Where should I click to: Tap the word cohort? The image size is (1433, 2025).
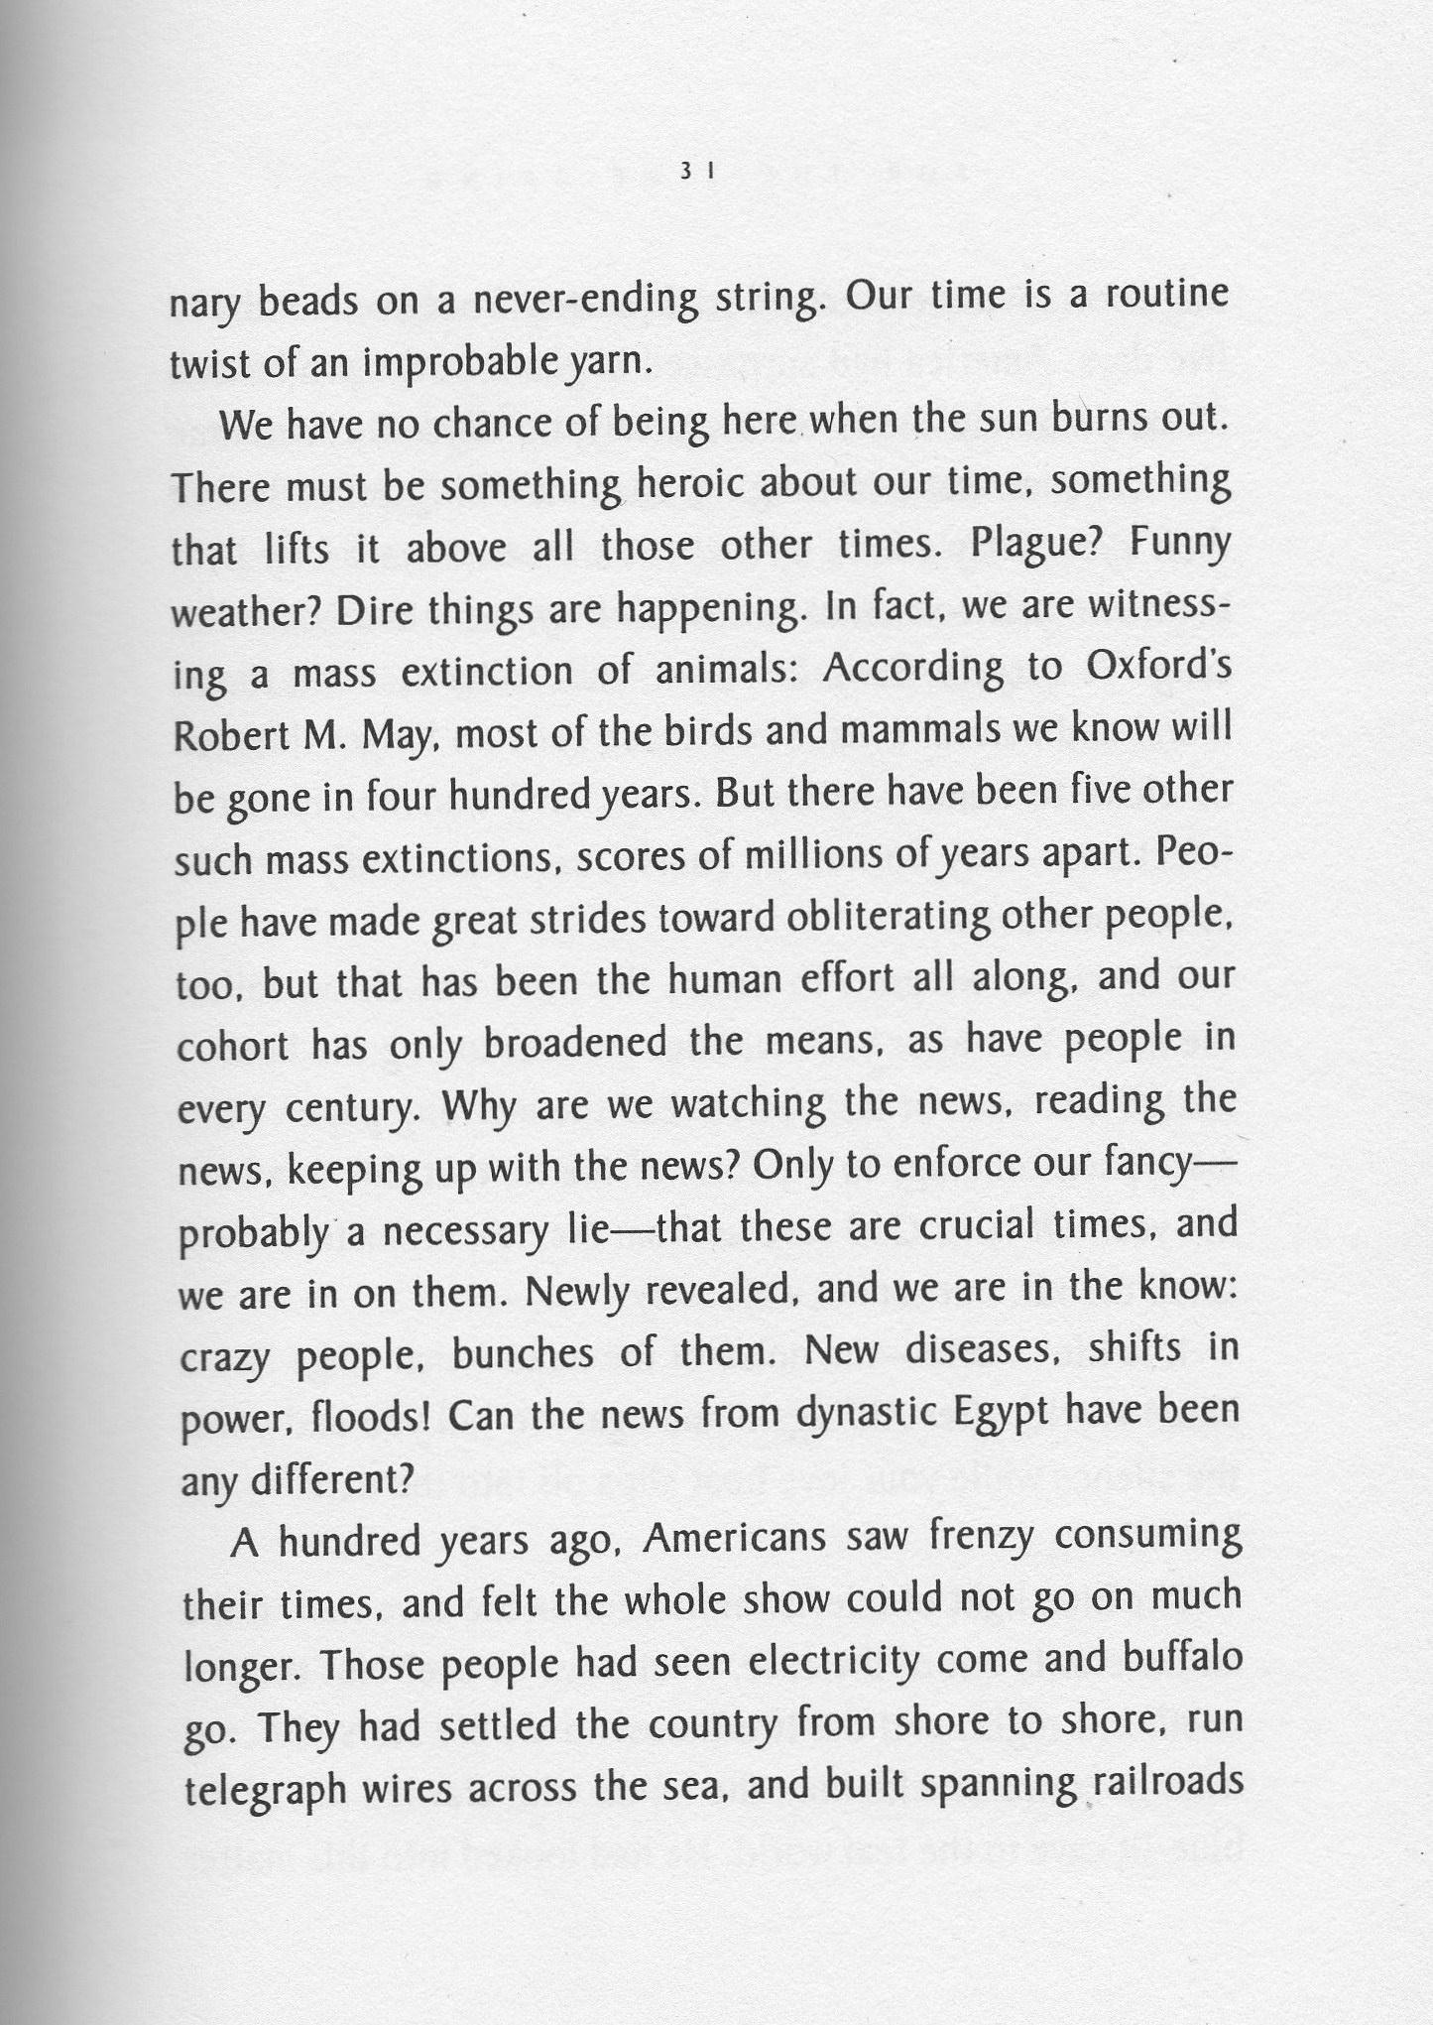(232, 1046)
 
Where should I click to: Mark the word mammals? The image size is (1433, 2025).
(927, 729)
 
